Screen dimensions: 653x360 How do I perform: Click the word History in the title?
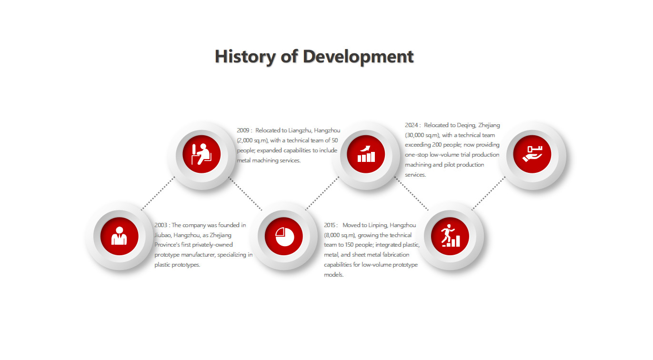tap(245, 57)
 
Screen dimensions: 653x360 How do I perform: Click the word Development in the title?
tap(358, 57)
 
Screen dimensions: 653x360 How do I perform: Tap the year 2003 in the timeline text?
tap(161, 225)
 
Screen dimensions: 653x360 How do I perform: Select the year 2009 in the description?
tap(243, 130)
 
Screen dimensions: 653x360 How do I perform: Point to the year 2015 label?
tap(330, 225)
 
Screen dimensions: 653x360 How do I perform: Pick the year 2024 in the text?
tap(411, 125)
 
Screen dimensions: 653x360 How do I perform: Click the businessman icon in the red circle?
tap(119, 236)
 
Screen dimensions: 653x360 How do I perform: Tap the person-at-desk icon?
tap(201, 154)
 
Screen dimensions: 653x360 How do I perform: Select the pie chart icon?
tap(284, 236)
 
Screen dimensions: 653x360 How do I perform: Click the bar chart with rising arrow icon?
tap(366, 154)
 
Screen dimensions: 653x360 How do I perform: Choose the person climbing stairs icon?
tap(451, 236)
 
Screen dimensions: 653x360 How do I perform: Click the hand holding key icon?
tap(532, 154)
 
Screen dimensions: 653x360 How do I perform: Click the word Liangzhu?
tap(300, 130)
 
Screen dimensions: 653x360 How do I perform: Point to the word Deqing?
tap(466, 125)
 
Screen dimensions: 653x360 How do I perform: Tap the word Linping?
tap(377, 225)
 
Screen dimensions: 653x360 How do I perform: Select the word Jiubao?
tap(163, 235)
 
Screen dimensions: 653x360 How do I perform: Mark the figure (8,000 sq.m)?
tap(340, 235)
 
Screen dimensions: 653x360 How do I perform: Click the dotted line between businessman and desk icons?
tap(158, 193)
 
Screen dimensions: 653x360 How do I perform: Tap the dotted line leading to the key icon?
tap(488, 193)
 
